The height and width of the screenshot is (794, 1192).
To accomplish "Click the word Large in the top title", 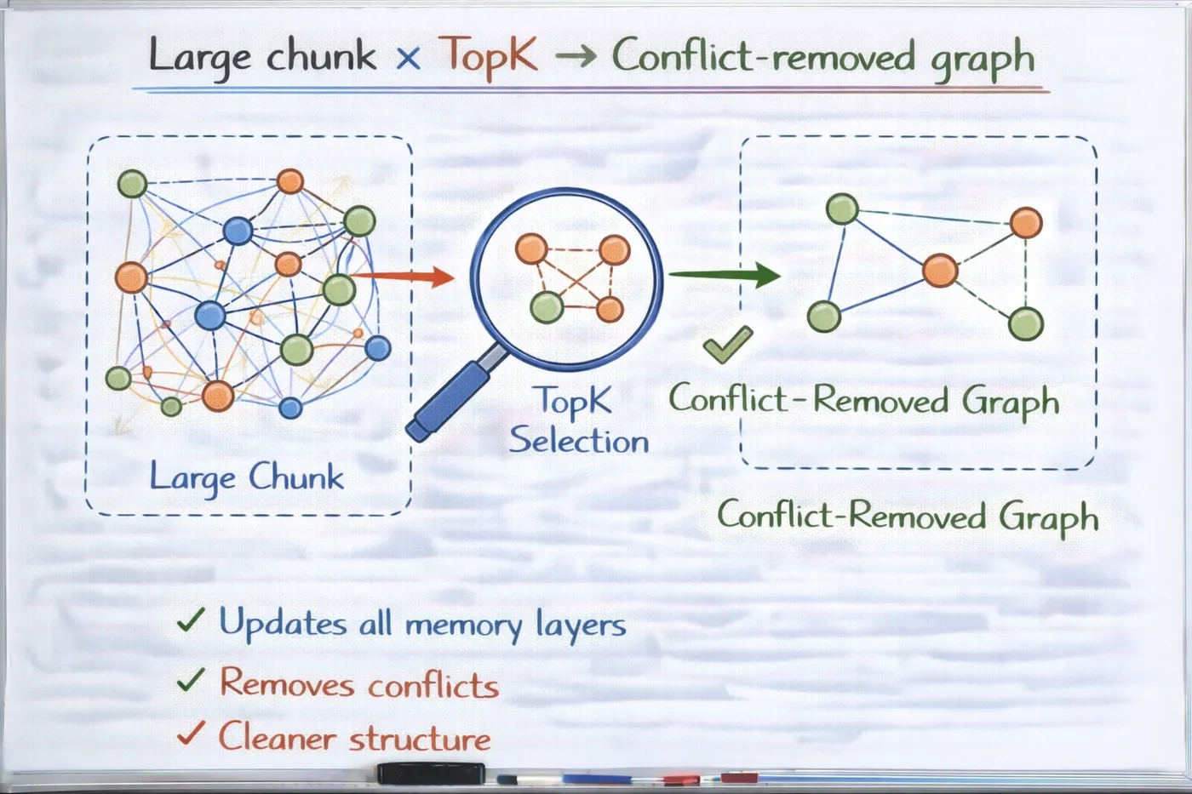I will (199, 58).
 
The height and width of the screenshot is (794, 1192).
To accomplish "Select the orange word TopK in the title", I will (488, 57).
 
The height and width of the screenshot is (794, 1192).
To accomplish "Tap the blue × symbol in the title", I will (408, 59).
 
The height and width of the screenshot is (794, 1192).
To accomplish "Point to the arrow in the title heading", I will (576, 57).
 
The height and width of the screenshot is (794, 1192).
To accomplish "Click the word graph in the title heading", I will (983, 60).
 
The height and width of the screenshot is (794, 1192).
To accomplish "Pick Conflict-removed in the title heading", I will (763, 56).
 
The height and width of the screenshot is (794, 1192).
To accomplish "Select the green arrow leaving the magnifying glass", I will (724, 274).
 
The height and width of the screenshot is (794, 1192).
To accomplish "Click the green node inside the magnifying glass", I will (547, 306).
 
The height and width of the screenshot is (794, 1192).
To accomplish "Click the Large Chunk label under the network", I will (247, 477).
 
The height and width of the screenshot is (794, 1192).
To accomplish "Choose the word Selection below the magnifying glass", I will (579, 441).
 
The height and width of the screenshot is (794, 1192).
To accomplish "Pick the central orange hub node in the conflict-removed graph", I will (940, 271).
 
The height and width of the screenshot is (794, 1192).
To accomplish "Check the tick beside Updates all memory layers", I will (191, 620).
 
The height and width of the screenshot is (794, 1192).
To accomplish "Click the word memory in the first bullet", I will (463, 625).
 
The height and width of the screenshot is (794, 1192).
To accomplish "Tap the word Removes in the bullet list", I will (287, 683).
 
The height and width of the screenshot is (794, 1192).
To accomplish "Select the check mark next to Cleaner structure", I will (191, 733).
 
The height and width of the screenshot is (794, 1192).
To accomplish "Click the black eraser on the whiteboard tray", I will (431, 774).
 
